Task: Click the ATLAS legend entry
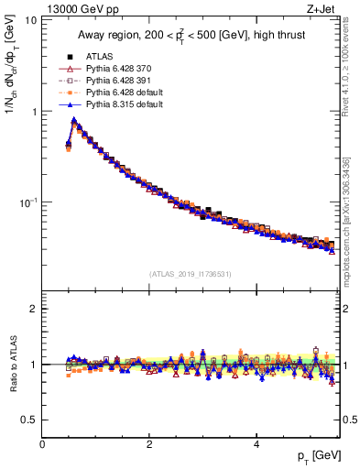tap(98, 56)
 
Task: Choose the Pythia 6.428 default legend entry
tap(121, 93)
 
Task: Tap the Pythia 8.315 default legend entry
tap(121, 105)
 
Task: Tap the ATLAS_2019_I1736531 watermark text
tap(191, 274)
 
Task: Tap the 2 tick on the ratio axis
tap(34, 309)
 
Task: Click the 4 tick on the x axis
tap(256, 444)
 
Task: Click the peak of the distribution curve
tap(73, 119)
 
